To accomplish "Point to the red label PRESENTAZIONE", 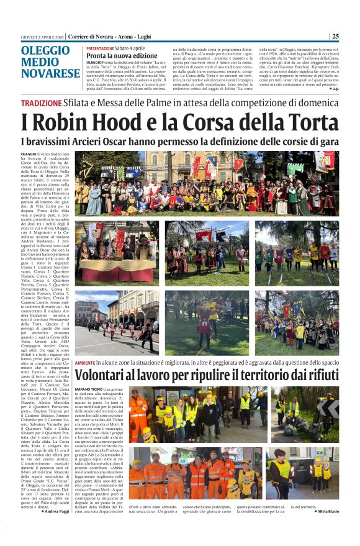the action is click(x=100, y=48).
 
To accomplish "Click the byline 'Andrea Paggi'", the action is click(x=56, y=529).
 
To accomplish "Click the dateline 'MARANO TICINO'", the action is click(x=91, y=389).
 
